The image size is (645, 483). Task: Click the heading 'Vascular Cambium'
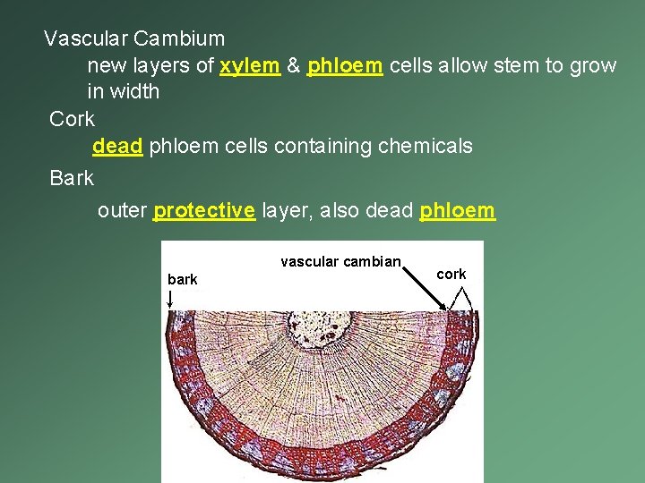[134, 38]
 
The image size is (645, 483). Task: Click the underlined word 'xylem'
[250, 65]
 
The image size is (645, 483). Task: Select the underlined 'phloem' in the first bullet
[346, 65]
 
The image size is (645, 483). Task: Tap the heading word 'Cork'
[72, 119]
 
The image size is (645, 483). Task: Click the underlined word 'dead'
[117, 146]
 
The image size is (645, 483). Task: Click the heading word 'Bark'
[72, 178]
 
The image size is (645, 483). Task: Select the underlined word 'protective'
[204, 211]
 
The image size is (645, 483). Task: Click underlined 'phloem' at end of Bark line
[457, 211]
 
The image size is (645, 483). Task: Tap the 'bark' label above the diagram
[182, 280]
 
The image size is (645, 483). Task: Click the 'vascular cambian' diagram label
[340, 262]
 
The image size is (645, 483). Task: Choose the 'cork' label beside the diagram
[451, 275]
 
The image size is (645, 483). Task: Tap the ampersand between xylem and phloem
[294, 65]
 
